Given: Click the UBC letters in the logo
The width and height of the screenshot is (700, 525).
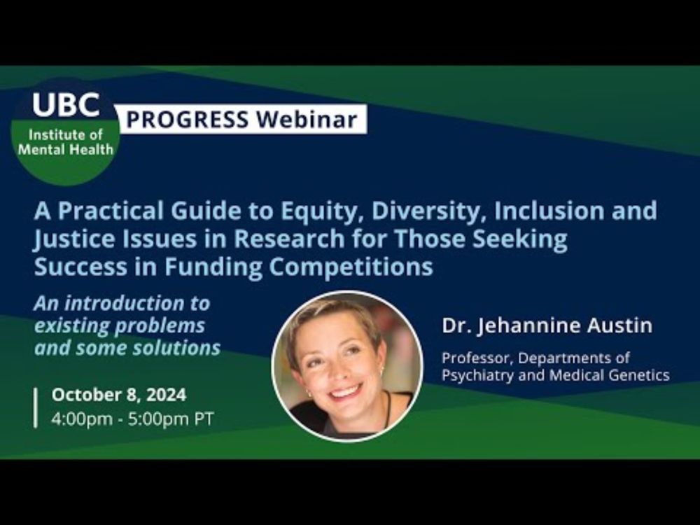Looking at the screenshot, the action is [66, 104].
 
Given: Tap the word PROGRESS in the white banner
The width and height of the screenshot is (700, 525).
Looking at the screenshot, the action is [187, 119].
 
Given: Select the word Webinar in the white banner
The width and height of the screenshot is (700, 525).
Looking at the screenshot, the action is [307, 119].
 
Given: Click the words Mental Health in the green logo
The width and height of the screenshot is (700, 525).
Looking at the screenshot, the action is [65, 149].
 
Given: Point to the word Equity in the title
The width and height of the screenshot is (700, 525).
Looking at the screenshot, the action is [323, 211].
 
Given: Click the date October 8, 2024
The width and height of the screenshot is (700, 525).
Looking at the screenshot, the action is [119, 395].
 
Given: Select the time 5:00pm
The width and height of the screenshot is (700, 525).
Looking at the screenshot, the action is [159, 419].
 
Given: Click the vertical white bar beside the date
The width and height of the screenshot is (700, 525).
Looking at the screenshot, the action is [36, 408].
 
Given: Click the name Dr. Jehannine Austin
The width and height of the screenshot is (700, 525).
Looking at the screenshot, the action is [547, 325].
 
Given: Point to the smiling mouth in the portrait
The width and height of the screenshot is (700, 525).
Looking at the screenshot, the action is [346, 393].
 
